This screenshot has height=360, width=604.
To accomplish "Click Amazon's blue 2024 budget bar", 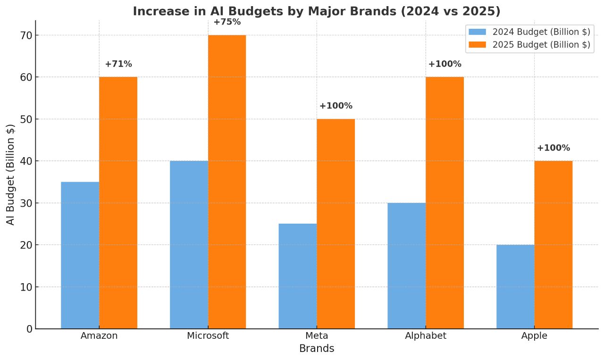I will pyautogui.click(x=80, y=255).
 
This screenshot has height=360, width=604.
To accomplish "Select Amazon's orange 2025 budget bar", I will pyautogui.click(x=118, y=203).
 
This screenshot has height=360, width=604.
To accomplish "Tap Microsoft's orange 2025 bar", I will pyautogui.click(x=227, y=182).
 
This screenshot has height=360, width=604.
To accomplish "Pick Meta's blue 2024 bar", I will pyautogui.click(x=298, y=276).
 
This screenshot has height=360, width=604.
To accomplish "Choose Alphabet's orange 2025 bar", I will pyautogui.click(x=445, y=203).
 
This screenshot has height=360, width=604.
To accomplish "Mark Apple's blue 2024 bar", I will pyautogui.click(x=515, y=286).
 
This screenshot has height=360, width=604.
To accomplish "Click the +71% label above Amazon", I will pyautogui.click(x=118, y=64).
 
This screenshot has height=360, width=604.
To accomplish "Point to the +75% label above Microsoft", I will pyautogui.click(x=227, y=22).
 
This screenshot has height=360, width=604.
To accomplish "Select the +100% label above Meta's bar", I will pyautogui.click(x=336, y=106).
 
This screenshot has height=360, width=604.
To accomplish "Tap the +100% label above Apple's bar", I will pyautogui.click(x=554, y=148).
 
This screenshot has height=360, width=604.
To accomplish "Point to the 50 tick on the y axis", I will pyautogui.click(x=26, y=119).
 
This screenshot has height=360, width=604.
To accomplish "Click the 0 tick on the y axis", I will pyautogui.click(x=29, y=329).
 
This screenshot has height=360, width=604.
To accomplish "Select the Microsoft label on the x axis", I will pyautogui.click(x=208, y=336).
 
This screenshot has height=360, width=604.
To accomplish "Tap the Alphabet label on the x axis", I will pyautogui.click(x=426, y=336).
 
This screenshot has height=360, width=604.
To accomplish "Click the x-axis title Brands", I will pyautogui.click(x=317, y=349).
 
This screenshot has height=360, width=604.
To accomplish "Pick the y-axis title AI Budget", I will pyautogui.click(x=10, y=175).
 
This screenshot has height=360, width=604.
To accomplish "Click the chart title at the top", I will pyautogui.click(x=316, y=11).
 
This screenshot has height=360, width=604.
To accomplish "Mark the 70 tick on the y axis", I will pyautogui.click(x=26, y=35).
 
